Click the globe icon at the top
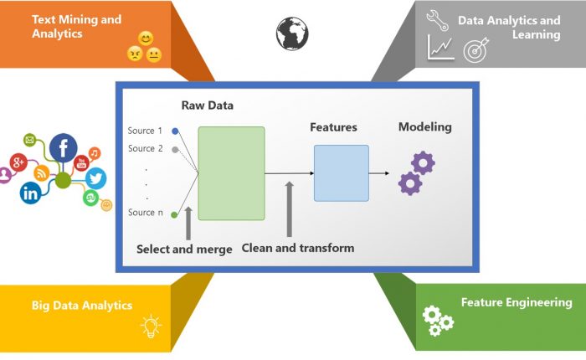click(291, 33)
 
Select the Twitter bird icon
click(95, 177)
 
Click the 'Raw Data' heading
click(208, 106)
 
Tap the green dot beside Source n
click(174, 214)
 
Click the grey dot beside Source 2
click(174, 149)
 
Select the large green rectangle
click(231, 173)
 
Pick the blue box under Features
click(341, 172)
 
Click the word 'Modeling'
click(424, 127)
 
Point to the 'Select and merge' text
click(184, 249)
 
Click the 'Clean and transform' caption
click(297, 248)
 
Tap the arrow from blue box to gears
click(379, 173)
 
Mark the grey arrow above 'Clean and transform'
click(290, 209)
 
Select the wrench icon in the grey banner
click(438, 18)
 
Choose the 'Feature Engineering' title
click(517, 302)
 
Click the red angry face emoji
click(134, 54)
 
